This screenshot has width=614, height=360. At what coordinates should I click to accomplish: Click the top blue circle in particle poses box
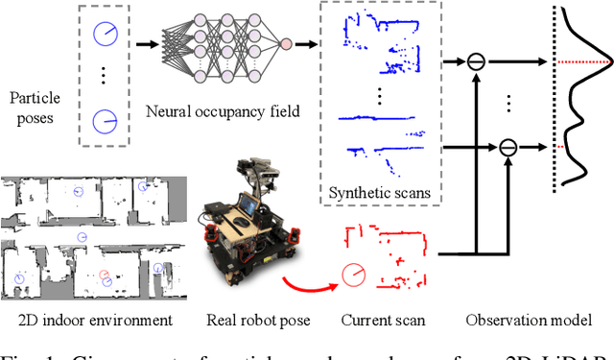tap(104, 35)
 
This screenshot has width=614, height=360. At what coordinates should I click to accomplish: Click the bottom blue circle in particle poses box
tap(104, 122)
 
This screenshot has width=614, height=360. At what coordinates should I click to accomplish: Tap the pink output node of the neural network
tap(286, 44)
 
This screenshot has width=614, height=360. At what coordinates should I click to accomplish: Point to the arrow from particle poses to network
tap(147, 44)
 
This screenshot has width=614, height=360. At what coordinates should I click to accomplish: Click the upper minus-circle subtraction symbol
tap(476, 61)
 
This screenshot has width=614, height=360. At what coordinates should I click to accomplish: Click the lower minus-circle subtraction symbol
tap(508, 147)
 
